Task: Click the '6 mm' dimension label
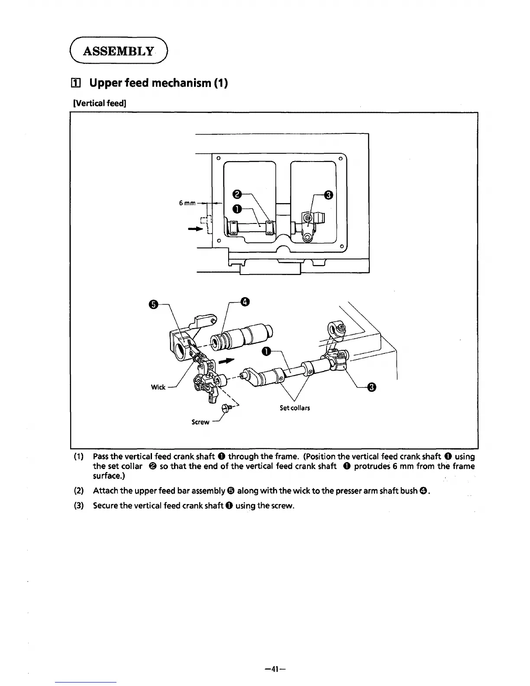click(187, 203)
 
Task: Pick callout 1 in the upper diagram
click(237, 210)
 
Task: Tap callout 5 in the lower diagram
click(152, 304)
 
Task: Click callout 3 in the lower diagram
click(371, 388)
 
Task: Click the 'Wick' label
click(158, 387)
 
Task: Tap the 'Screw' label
click(200, 422)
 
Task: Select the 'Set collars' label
click(295, 408)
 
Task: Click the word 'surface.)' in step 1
click(109, 476)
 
